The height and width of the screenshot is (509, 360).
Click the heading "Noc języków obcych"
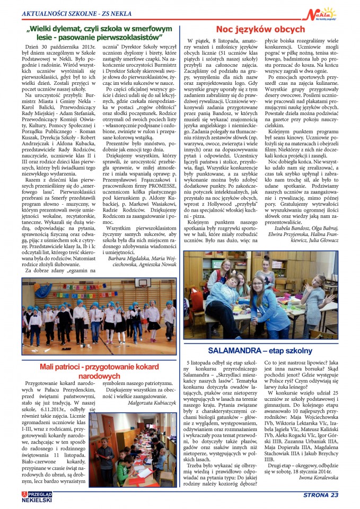coord(260,29)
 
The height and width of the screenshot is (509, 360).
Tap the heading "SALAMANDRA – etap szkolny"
coord(260,350)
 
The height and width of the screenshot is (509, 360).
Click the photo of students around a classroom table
coord(260,295)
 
